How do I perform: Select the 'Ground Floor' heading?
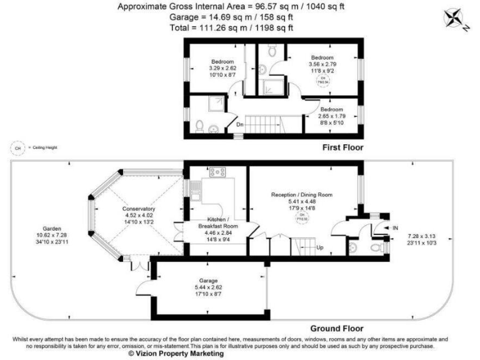click(337, 329)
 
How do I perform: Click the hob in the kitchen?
click(218, 171)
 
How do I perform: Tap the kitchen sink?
click(195, 187)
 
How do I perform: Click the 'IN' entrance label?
click(395, 228)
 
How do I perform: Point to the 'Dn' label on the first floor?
click(240, 124)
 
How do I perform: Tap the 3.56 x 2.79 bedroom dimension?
click(322, 63)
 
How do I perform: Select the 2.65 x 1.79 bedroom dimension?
click(331, 116)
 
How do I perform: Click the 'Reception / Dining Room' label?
click(301, 195)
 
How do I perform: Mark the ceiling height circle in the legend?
click(17, 148)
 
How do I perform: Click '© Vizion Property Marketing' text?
click(176, 354)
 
